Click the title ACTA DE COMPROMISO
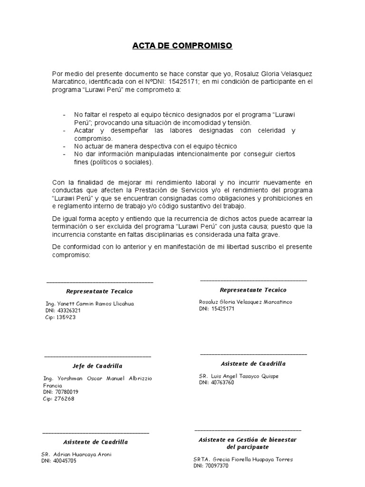[182, 46]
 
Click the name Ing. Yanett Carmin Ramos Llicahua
[89, 303]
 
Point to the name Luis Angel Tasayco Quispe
[246, 376]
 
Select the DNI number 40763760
[223, 382]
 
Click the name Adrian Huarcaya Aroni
[83, 454]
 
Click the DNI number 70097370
[218, 466]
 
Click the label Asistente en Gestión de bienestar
[247, 440]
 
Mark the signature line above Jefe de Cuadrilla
[98, 356]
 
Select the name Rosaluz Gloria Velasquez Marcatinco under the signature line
[246, 302]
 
